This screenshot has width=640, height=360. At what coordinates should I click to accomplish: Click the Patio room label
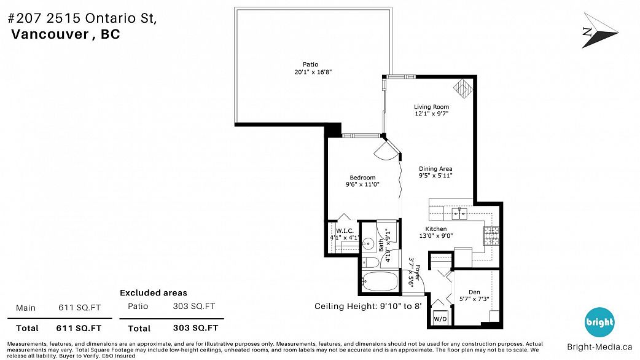[x=310, y=65]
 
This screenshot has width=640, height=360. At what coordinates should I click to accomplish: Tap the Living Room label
[x=431, y=107]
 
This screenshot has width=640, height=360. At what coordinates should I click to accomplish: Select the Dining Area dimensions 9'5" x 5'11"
[x=435, y=176]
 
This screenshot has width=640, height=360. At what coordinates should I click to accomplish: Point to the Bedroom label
[x=362, y=178]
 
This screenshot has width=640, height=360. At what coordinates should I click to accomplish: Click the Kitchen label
[x=436, y=229]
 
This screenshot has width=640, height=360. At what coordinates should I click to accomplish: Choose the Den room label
[x=474, y=292]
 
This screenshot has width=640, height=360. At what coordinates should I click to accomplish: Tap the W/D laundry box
[x=440, y=318]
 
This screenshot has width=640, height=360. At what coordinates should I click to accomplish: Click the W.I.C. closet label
[x=345, y=231]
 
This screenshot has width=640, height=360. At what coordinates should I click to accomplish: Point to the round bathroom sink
[x=368, y=244]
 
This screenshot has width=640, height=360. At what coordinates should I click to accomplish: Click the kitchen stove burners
[x=491, y=236]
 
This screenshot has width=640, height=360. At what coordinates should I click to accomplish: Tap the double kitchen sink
[x=459, y=213]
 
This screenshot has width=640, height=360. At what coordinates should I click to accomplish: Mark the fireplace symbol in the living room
[x=463, y=88]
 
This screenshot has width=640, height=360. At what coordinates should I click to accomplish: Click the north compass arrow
[x=599, y=31]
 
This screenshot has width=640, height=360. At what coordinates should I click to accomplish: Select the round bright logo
[x=599, y=322]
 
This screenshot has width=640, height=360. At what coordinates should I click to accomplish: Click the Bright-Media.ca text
[x=599, y=347]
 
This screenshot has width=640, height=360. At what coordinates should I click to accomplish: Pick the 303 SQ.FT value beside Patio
[x=194, y=306]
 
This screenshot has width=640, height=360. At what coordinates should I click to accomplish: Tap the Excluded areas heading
[x=154, y=292]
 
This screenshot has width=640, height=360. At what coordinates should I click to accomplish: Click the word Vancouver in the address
[x=50, y=34]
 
